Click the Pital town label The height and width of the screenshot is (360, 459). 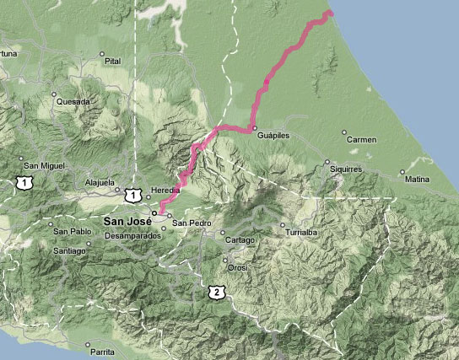point(113,62)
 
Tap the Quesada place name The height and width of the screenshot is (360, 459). point(73,102)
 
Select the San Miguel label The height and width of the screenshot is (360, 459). point(44,165)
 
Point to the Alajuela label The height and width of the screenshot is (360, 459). point(100,181)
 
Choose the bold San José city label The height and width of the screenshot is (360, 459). point(127,220)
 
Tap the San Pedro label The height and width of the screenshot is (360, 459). point(191,223)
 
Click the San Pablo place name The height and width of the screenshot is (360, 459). point(73,231)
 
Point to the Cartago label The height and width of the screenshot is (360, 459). point(240,240)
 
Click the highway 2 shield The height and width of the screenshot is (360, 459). point(218,292)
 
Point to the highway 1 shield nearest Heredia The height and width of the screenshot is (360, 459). point(131,196)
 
